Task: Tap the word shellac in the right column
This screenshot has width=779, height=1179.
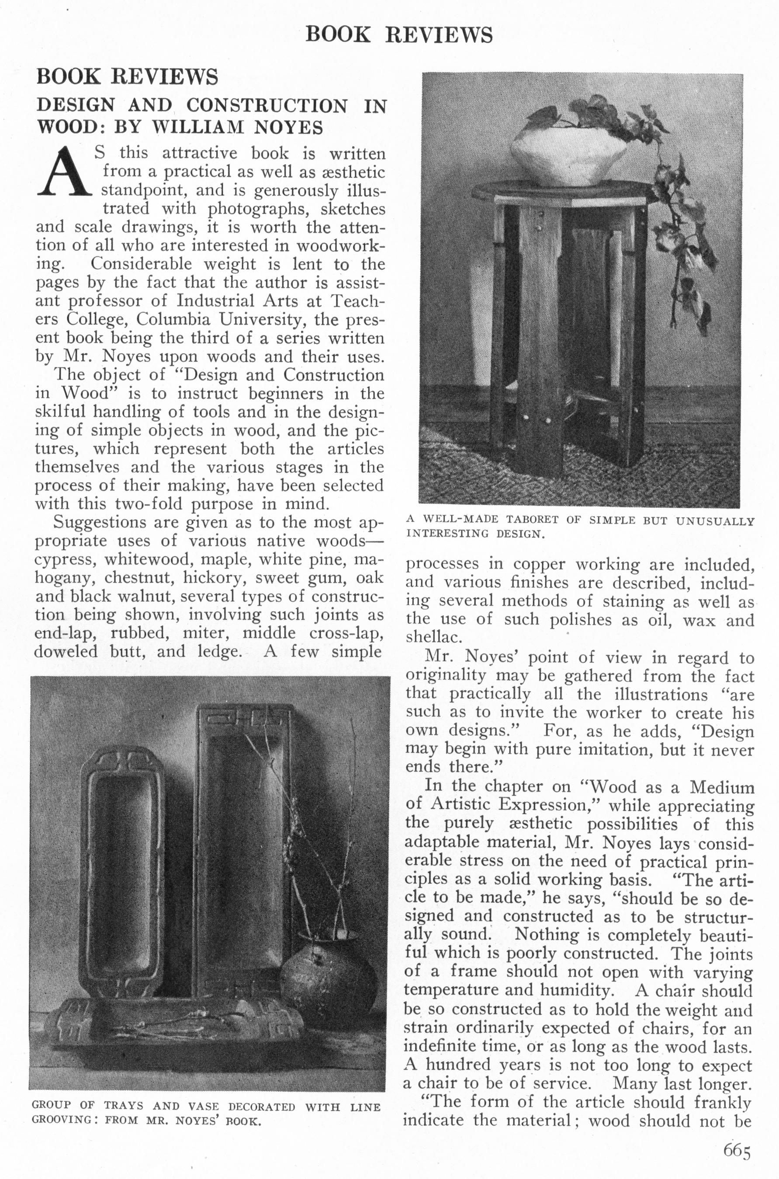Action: [x=427, y=636]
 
